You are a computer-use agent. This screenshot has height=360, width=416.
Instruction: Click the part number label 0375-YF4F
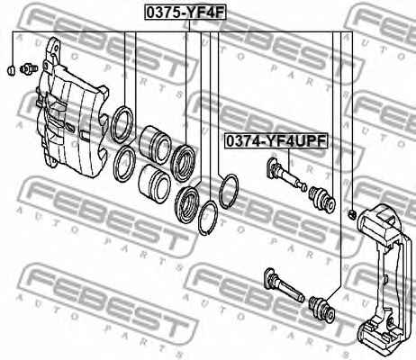click(x=185, y=13)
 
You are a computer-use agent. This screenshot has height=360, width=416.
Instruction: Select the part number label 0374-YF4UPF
click(x=276, y=141)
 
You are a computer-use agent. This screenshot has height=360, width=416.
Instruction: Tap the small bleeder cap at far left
click(x=11, y=70)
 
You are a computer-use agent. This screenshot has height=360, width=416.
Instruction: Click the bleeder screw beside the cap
click(x=29, y=68)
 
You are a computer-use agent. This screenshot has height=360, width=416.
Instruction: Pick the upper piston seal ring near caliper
click(x=122, y=124)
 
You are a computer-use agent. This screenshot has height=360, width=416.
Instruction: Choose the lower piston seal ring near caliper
click(x=124, y=164)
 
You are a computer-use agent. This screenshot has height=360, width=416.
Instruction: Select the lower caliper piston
click(x=155, y=184)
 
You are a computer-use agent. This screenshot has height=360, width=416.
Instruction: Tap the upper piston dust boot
click(x=183, y=163)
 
